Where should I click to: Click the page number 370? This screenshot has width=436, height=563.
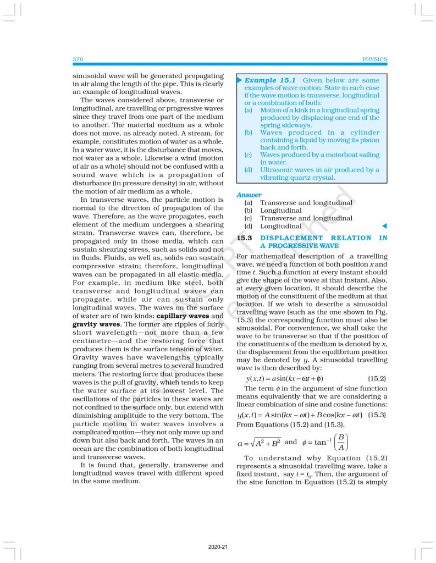(77, 59)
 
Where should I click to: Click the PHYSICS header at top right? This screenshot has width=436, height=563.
(375, 59)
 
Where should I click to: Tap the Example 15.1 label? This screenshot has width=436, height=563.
(269, 80)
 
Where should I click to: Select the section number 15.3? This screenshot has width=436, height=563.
(244, 238)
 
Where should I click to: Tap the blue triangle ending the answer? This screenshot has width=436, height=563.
(384, 226)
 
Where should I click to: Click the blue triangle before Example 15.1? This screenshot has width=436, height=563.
(239, 80)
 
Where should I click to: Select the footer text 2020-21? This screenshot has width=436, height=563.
(218, 547)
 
